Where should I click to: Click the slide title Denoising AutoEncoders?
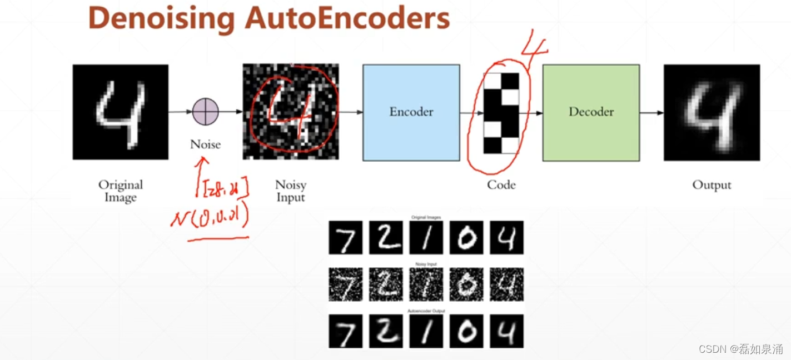[x=268, y=18]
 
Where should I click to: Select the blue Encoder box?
[x=411, y=112]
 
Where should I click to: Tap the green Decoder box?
[x=591, y=112]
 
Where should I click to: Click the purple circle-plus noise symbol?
[x=206, y=112]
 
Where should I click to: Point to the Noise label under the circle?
[x=205, y=144]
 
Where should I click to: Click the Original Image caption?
[x=121, y=191]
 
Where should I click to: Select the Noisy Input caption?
[x=291, y=191]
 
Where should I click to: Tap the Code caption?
[x=501, y=185]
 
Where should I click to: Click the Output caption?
[x=712, y=185]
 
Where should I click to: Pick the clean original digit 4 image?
[x=120, y=112]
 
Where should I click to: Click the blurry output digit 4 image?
[x=712, y=112]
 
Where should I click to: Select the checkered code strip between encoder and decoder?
[x=501, y=113]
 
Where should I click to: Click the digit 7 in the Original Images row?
[x=345, y=237]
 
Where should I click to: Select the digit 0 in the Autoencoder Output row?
[x=466, y=331]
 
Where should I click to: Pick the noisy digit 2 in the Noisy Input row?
[x=385, y=284]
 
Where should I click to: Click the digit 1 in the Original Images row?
[x=426, y=237]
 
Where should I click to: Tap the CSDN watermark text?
[x=740, y=349]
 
